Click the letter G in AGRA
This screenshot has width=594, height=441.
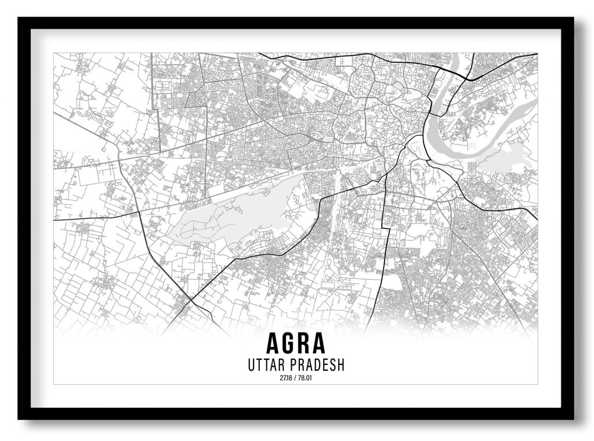pyautogui.click(x=288, y=344)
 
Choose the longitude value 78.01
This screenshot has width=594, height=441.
pyautogui.click(x=306, y=379)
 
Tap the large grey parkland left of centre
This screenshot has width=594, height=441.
pyautogui.click(x=232, y=218)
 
